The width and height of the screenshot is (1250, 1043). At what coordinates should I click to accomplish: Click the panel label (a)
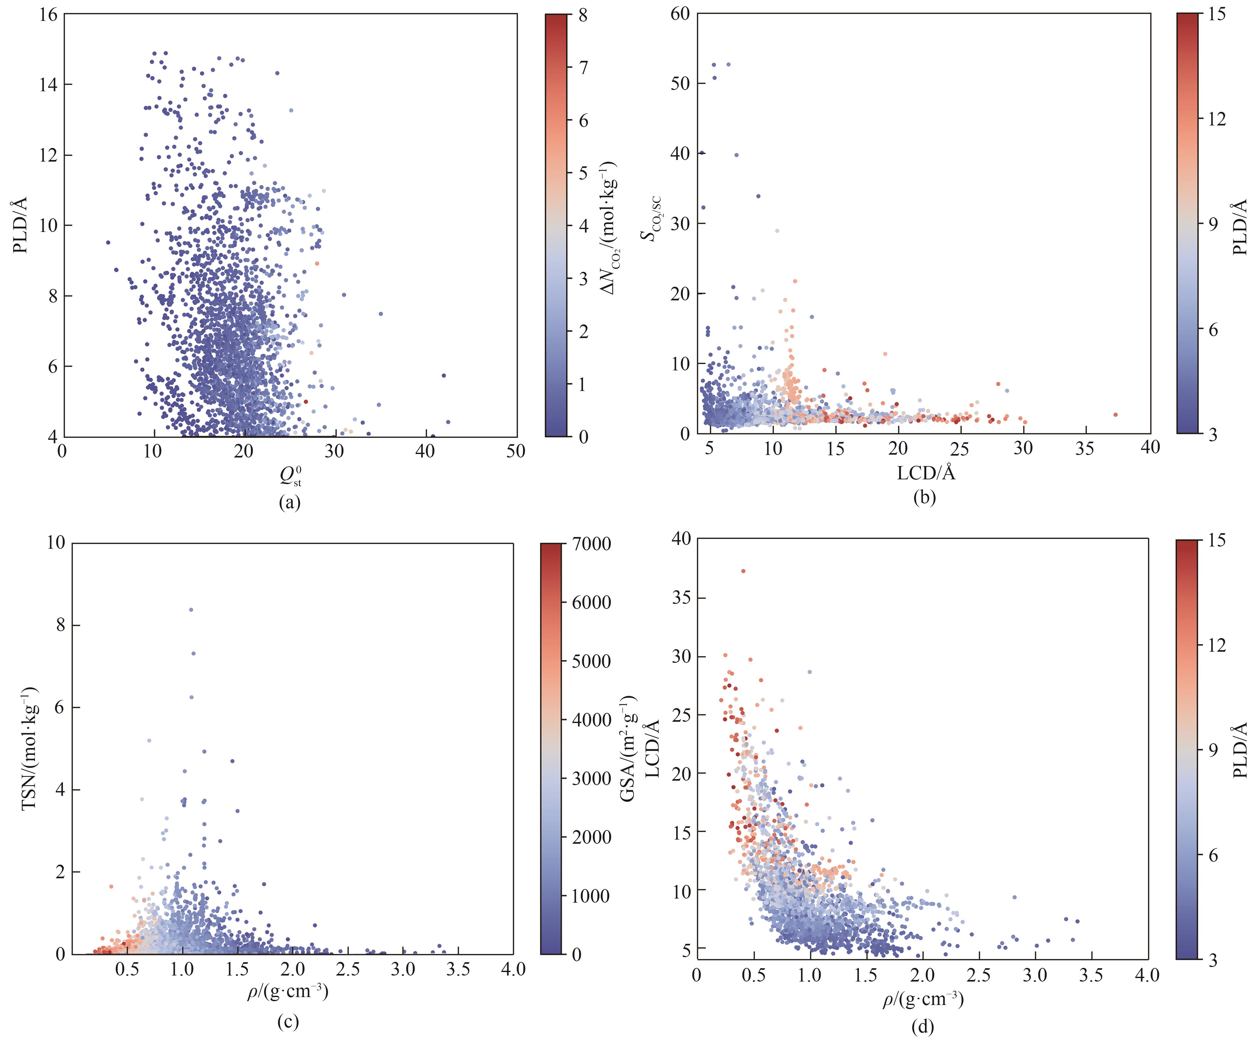pos(289,502)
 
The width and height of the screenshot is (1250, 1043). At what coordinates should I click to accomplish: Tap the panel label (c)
pos(288,1021)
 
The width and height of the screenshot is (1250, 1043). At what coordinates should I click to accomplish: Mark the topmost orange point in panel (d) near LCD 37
pos(743,571)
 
